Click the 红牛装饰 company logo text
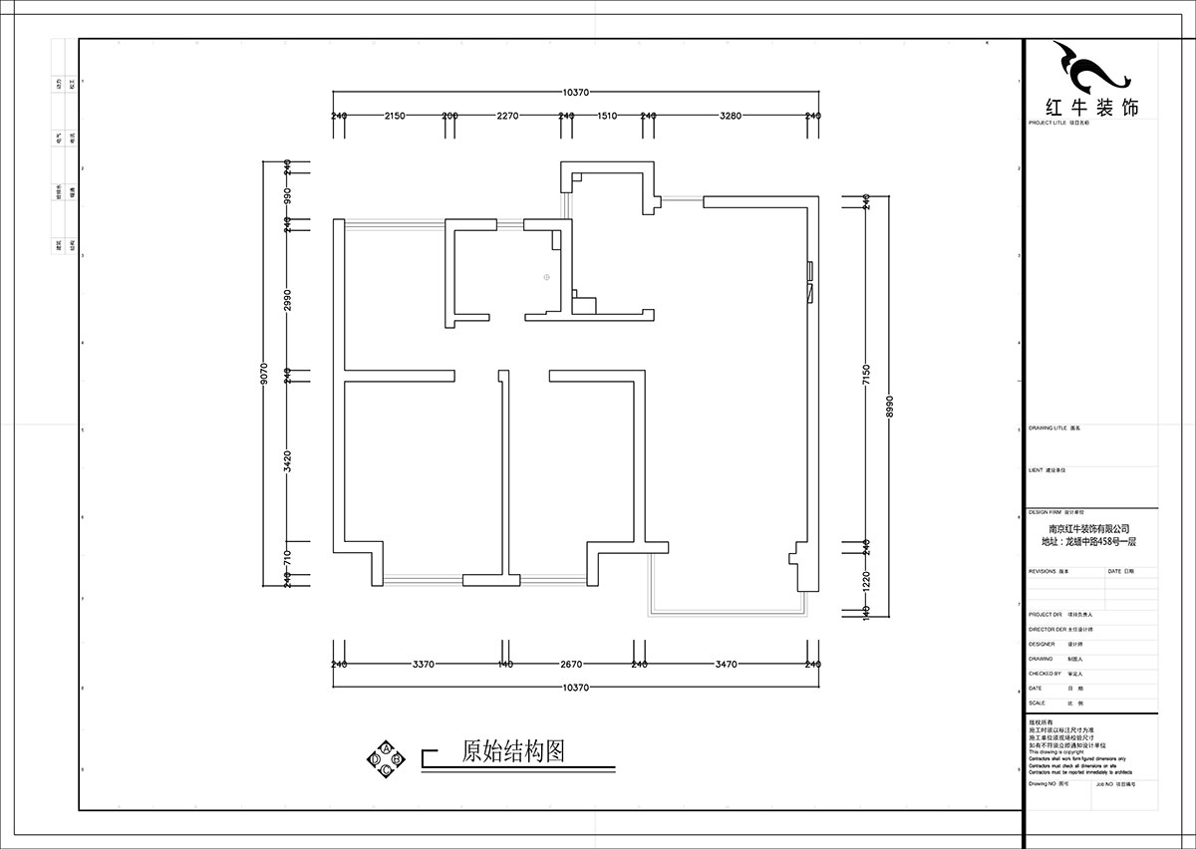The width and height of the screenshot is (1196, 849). click(1089, 108)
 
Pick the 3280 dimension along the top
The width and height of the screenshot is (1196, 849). click(730, 117)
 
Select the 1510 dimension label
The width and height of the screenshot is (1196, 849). click(607, 117)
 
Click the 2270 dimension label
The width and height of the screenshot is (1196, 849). click(508, 117)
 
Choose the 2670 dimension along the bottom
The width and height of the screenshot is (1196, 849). click(570, 664)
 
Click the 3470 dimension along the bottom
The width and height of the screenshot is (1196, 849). click(725, 664)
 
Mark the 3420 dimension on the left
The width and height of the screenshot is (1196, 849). click(287, 460)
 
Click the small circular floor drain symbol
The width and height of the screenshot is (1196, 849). click(547, 278)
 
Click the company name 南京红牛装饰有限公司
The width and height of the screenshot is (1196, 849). click(1088, 529)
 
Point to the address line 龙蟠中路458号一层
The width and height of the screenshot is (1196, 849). click(1088, 542)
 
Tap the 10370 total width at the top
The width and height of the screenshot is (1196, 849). click(575, 92)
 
